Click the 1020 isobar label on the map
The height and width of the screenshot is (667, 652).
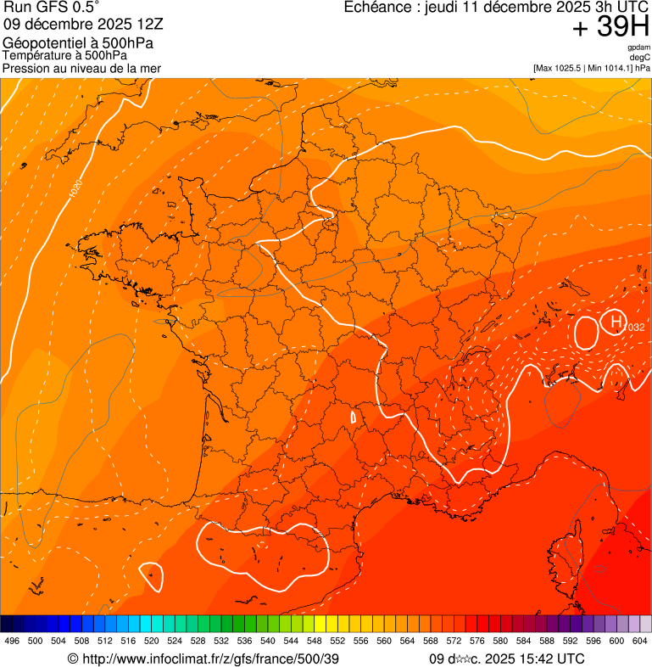click(76, 189)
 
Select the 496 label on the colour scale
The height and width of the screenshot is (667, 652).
click(12, 641)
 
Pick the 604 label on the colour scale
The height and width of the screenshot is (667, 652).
click(640, 641)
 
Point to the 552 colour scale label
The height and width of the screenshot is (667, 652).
click(337, 641)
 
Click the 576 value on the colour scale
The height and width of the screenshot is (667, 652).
click(477, 641)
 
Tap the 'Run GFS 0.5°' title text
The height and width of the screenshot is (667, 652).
click(52, 8)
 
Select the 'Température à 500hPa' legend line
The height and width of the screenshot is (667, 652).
click(64, 56)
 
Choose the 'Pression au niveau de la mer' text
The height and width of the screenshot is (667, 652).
click(81, 68)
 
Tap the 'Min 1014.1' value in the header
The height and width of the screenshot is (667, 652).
click(610, 68)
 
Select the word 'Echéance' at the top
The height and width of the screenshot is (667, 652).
click(378, 8)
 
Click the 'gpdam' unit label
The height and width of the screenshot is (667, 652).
click(639, 48)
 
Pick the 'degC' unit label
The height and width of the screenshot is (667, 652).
click(641, 57)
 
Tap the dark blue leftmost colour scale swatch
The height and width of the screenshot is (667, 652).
click(6, 624)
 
